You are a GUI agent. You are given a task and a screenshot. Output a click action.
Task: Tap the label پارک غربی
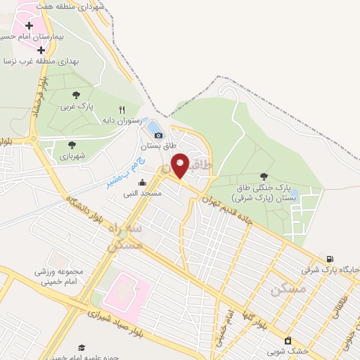76,107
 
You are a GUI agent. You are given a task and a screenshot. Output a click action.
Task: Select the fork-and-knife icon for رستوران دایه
122,110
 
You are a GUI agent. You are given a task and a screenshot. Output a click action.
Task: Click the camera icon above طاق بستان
158,135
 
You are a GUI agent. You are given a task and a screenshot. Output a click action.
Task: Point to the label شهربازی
72,155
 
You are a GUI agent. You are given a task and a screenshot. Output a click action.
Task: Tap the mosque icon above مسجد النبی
142,183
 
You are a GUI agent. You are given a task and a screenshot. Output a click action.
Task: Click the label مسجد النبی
142,193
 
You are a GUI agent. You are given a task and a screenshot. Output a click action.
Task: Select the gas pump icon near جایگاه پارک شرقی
330,259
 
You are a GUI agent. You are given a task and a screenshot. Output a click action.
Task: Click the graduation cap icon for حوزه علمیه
82,347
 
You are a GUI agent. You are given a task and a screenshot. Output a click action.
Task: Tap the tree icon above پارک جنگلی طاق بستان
264,176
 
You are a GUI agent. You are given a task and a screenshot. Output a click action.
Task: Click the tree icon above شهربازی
71,145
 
